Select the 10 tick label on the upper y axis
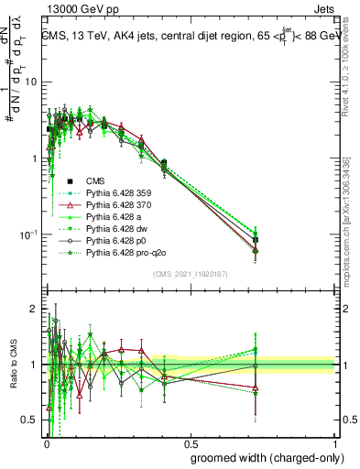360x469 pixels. [x=29, y=82]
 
